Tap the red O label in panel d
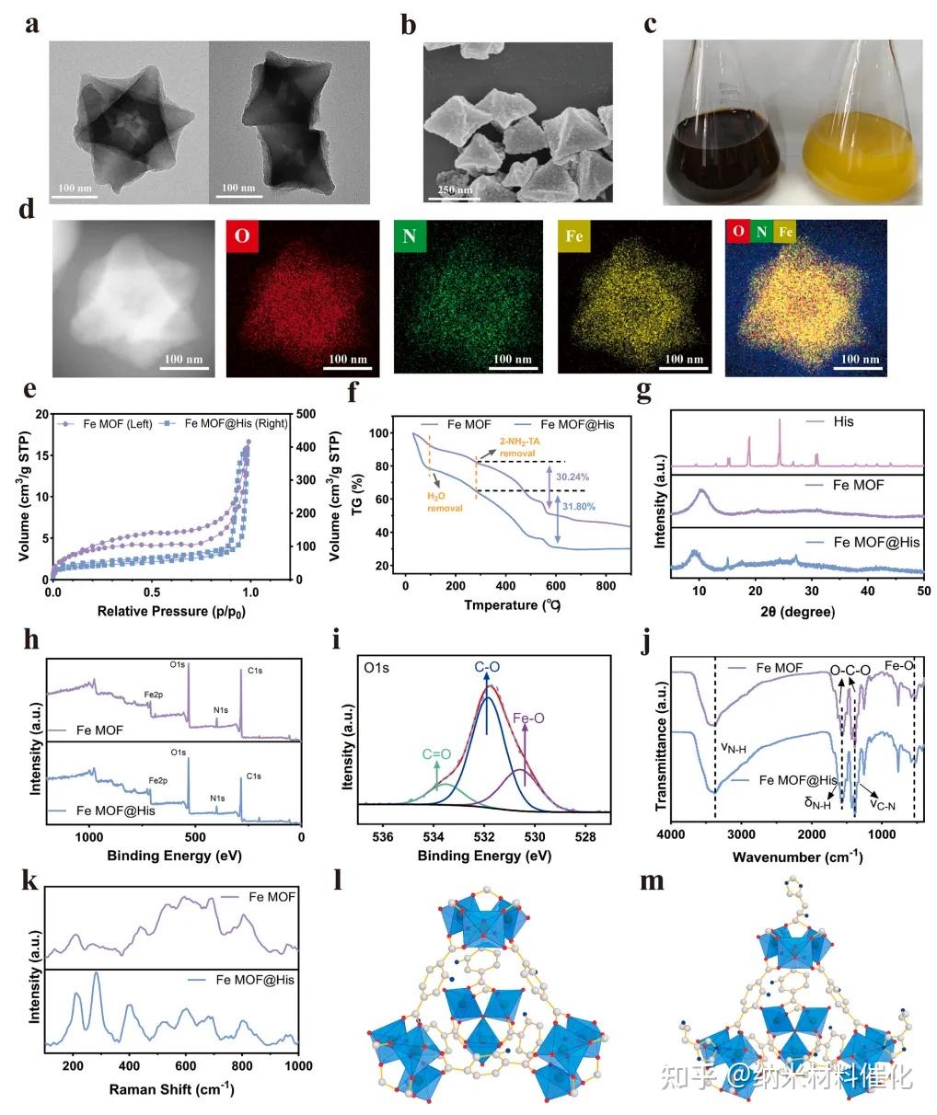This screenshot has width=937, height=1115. [x=241, y=236]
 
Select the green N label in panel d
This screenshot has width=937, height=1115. [x=409, y=236]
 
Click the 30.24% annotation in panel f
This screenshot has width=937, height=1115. [x=573, y=477]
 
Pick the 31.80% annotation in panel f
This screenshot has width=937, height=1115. [x=577, y=506]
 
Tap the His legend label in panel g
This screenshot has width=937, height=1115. [x=843, y=421]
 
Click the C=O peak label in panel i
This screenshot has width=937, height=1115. [x=436, y=754]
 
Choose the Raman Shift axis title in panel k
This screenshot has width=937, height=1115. [x=171, y=1089]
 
